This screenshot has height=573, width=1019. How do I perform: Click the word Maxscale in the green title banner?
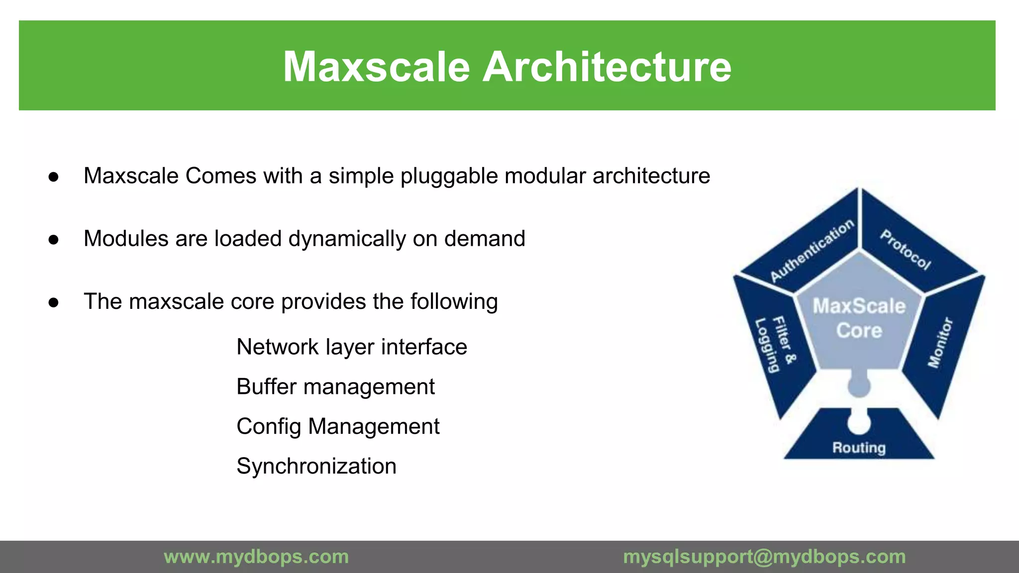click(x=376, y=67)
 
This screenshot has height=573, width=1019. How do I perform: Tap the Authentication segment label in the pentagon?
click(x=812, y=251)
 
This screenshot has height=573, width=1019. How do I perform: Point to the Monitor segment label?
click(x=940, y=343)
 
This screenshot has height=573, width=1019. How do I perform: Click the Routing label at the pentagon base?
click(x=859, y=448)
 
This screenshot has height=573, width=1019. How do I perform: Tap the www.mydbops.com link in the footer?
click(x=256, y=557)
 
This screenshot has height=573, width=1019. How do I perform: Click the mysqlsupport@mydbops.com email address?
click(x=764, y=557)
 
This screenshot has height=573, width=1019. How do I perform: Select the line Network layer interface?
click(x=352, y=347)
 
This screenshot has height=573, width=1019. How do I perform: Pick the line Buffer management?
click(x=335, y=386)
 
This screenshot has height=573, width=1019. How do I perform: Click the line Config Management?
click(x=338, y=426)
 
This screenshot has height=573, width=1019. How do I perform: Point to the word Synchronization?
click(x=316, y=466)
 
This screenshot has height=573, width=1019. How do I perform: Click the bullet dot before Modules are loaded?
click(x=54, y=240)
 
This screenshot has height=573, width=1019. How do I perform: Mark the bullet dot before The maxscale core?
click(x=54, y=302)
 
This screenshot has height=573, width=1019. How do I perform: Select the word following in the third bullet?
click(x=454, y=301)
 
